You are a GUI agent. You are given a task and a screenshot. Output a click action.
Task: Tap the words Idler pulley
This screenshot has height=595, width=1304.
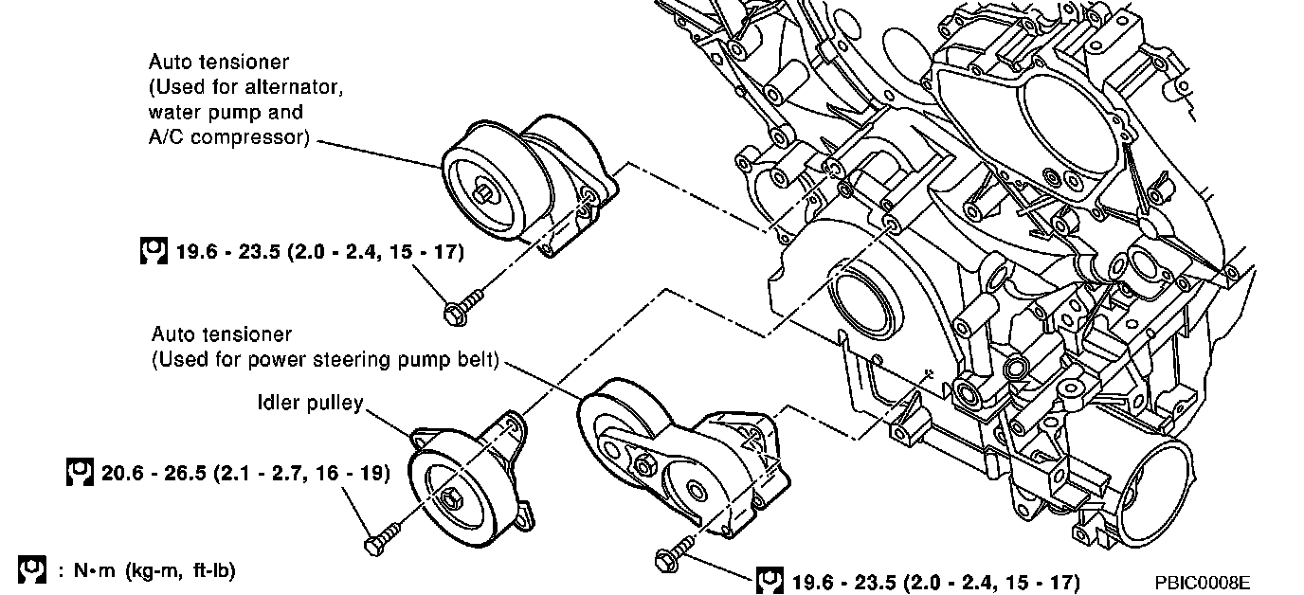coord(310,404)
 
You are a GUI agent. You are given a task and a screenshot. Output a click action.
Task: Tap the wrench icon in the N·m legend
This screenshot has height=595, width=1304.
coord(31,569)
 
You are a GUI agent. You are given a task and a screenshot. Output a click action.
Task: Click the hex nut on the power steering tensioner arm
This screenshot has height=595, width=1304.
coord(644,463)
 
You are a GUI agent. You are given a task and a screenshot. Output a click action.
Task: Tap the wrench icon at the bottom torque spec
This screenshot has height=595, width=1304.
coord(769,580)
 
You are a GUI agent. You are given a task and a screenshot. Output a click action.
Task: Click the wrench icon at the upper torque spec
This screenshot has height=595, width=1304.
coord(153,252)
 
